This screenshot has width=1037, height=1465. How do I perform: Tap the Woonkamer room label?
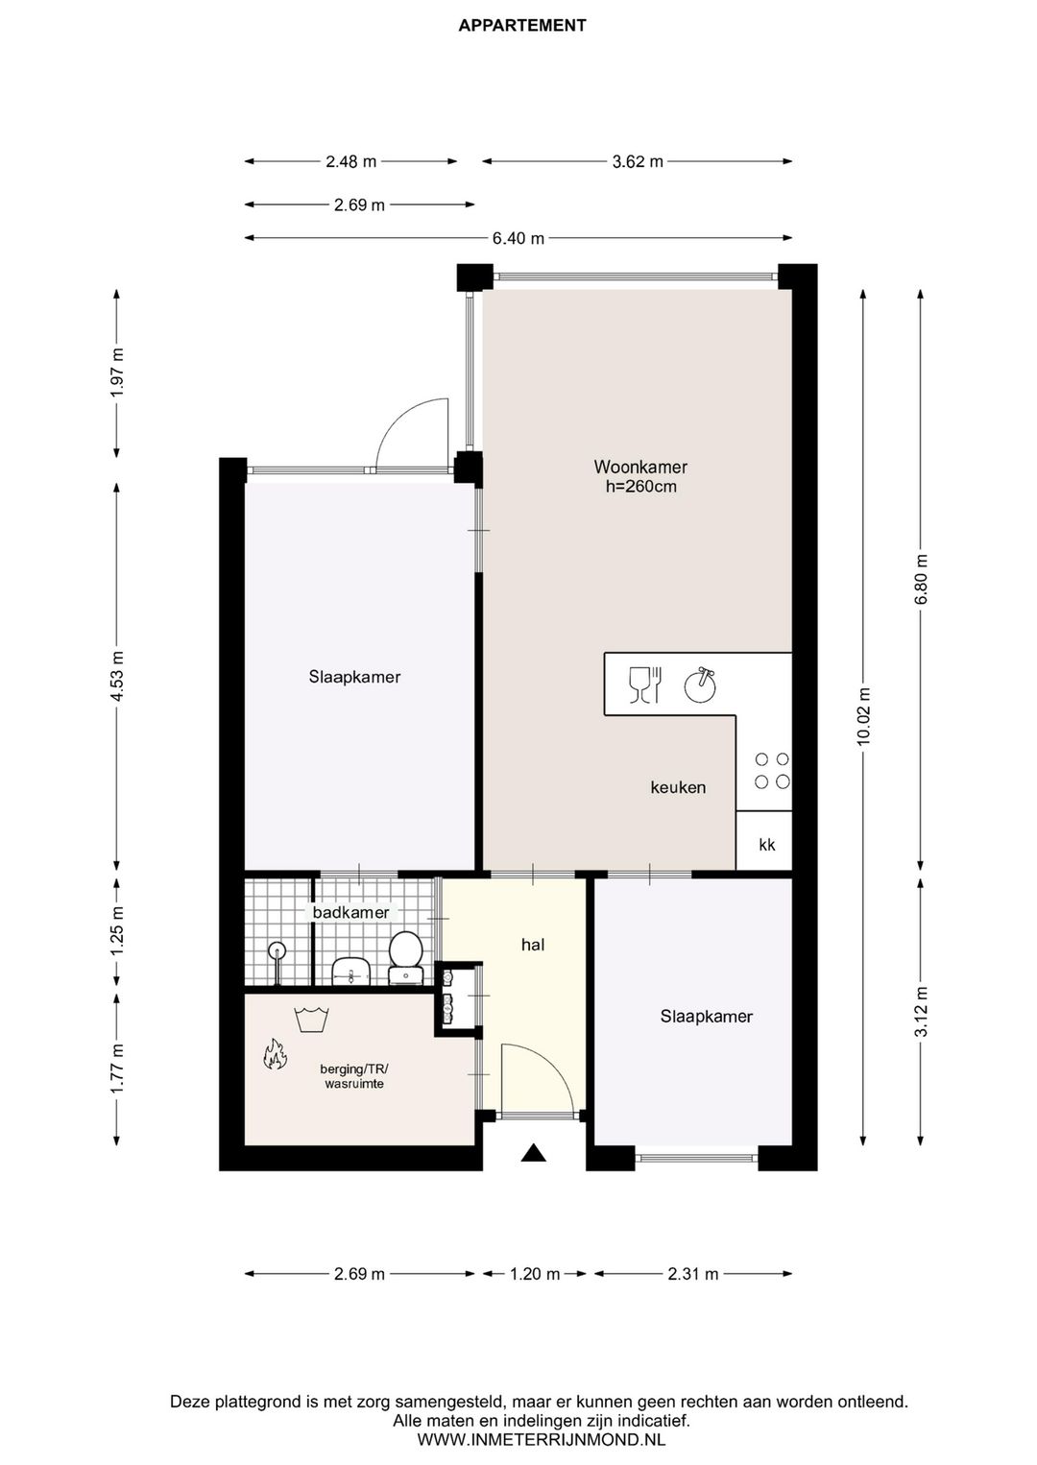click(640, 467)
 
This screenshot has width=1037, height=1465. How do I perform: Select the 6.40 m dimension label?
click(518, 238)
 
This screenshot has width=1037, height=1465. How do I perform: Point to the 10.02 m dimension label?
click(863, 716)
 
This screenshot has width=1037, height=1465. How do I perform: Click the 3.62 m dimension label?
click(638, 161)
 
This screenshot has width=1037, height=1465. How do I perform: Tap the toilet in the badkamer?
click(406, 957)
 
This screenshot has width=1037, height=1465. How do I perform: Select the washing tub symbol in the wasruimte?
click(311, 1020)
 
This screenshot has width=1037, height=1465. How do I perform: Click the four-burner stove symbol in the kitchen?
click(772, 771)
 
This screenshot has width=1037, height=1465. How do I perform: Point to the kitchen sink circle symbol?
click(700, 685)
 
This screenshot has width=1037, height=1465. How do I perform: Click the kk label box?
click(764, 841)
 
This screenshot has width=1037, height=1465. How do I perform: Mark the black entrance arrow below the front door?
click(534, 1152)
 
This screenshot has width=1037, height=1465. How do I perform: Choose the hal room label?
click(533, 945)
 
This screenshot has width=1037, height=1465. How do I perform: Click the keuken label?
click(678, 787)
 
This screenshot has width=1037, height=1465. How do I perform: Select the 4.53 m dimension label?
click(118, 676)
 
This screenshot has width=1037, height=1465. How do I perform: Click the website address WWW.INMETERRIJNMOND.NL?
click(542, 1439)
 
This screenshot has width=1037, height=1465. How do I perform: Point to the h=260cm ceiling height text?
click(641, 487)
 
